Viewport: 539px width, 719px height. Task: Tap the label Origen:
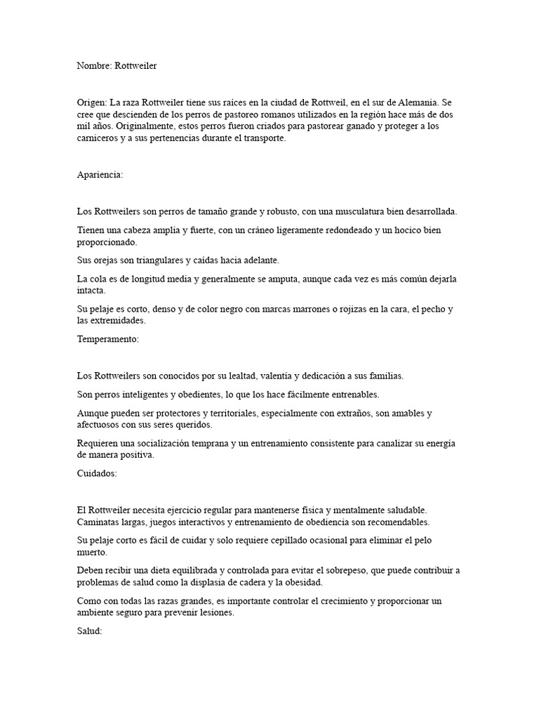coord(92,103)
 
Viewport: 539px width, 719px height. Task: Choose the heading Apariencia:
coord(100,175)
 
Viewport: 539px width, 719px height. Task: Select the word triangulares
coord(157,260)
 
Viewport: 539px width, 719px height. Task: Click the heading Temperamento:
coord(109,339)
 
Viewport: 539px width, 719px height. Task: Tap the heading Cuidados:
coord(95,473)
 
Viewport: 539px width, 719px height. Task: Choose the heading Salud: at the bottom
coord(89,632)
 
